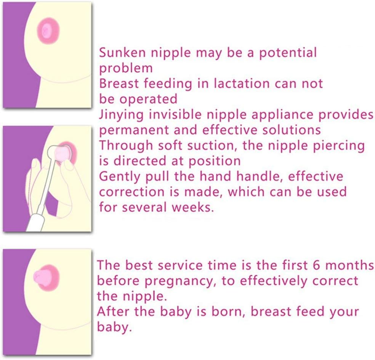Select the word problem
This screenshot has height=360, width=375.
click(x=126, y=69)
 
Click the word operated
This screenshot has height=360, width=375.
click(x=150, y=99)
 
